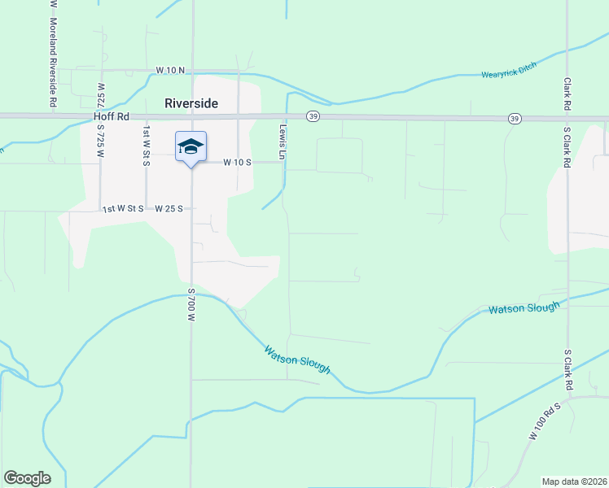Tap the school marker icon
(x=191, y=147)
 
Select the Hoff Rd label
(x=112, y=117)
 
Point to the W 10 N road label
(x=171, y=72)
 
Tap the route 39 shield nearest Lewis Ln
(x=313, y=117)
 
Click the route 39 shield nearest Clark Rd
(x=514, y=119)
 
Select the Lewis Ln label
(x=283, y=143)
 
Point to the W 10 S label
(x=238, y=162)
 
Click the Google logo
(x=27, y=478)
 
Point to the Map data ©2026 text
(x=575, y=481)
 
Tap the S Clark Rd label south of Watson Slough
(x=567, y=371)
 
